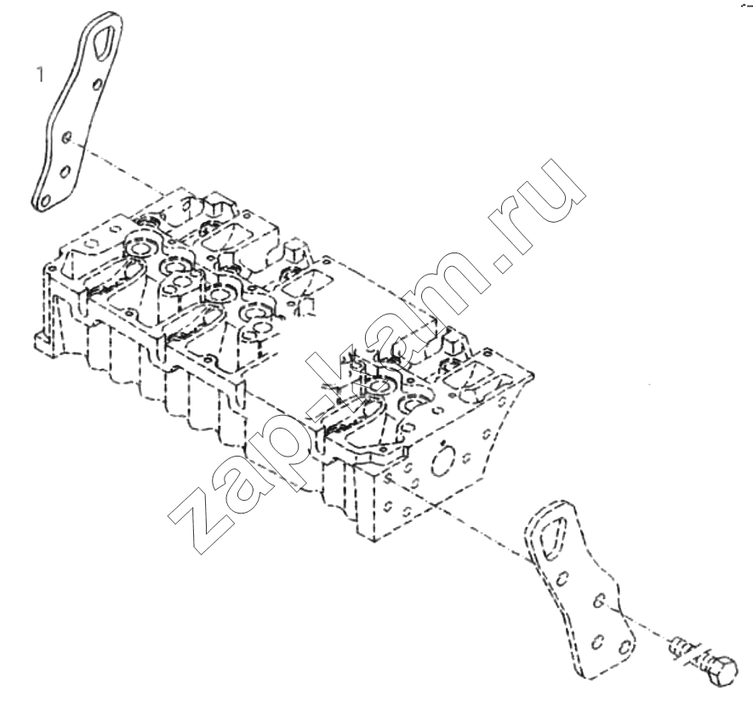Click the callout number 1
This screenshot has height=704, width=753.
tap(40, 74)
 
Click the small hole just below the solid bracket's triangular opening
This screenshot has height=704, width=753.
tap(97, 85)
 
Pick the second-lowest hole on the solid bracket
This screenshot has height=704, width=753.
tap(66, 171)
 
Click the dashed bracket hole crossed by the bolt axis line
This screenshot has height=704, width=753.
tap(598, 601)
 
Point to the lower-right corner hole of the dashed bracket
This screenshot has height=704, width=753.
tap(625, 649)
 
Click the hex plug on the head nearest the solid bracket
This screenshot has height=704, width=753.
tap(215, 206)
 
